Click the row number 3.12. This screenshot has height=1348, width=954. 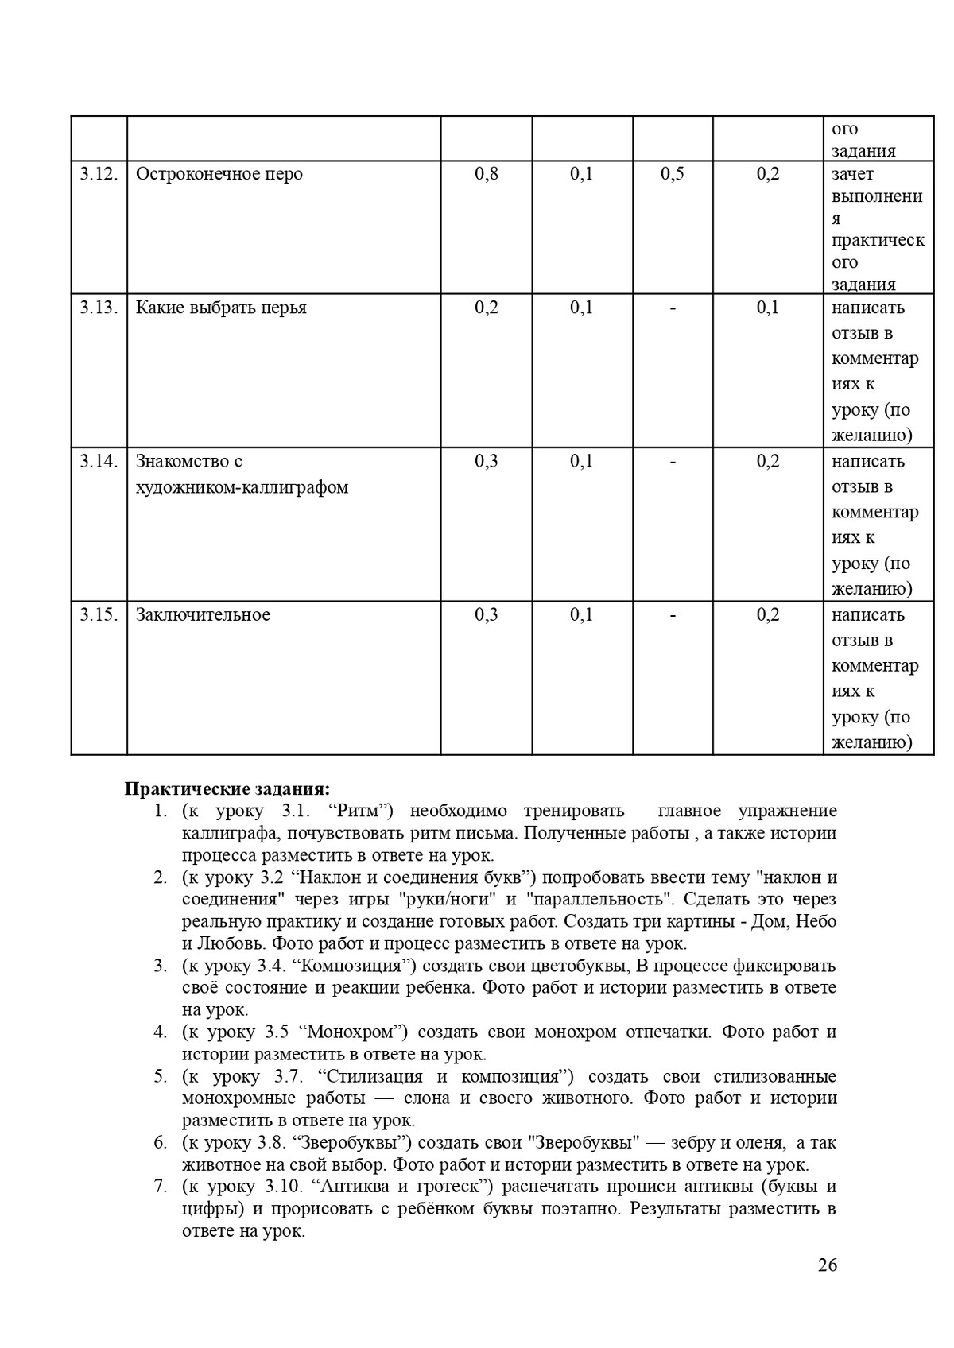(x=99, y=174)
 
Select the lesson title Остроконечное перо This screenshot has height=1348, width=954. (x=219, y=174)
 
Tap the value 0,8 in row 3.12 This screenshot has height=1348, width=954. (x=487, y=174)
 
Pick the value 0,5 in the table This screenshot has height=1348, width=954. (x=672, y=174)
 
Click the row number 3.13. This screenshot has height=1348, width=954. (x=99, y=308)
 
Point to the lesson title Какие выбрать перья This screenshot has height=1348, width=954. (x=221, y=308)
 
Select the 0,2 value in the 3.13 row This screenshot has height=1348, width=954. (x=487, y=308)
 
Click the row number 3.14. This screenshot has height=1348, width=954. (x=99, y=461)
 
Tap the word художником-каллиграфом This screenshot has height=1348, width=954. (x=242, y=487)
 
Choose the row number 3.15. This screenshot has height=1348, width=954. (x=99, y=614)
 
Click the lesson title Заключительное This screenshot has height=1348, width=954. (x=203, y=614)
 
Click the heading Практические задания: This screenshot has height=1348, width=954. (x=227, y=789)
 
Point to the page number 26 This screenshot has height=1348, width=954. (x=828, y=1265)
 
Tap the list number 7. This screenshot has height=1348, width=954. (x=160, y=1187)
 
